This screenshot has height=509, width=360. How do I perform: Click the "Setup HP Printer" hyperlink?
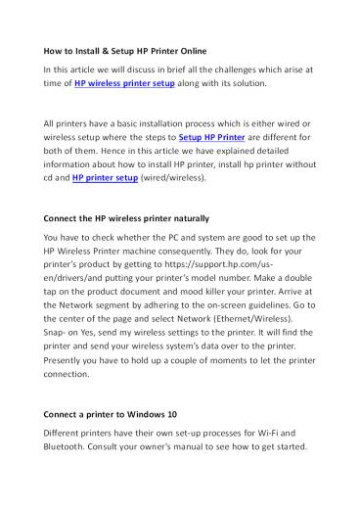point(212,139)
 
